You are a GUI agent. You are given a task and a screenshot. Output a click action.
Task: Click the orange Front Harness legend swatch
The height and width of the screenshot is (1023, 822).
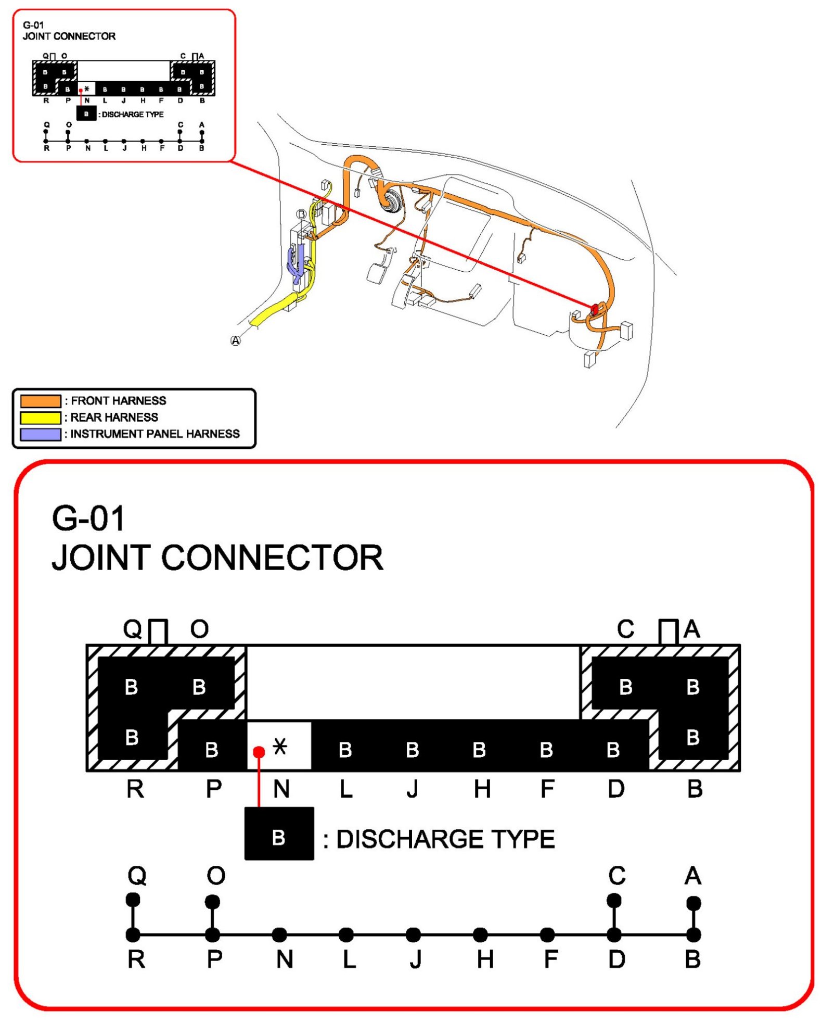click(41, 400)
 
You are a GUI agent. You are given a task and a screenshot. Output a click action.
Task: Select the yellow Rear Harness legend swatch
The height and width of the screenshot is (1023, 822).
click(41, 417)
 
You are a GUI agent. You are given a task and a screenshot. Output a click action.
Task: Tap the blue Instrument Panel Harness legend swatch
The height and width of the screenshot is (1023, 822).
click(41, 434)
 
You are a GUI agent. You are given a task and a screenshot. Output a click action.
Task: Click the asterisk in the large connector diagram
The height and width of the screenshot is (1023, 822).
click(280, 747)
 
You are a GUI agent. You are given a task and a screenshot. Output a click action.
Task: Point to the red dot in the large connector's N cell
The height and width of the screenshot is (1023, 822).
click(259, 752)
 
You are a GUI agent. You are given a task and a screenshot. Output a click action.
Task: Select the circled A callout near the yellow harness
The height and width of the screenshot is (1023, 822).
click(236, 340)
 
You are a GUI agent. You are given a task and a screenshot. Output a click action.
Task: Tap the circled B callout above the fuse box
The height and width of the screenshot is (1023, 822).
click(301, 214)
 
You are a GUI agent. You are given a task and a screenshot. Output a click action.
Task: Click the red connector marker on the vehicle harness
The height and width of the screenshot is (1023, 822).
click(594, 309)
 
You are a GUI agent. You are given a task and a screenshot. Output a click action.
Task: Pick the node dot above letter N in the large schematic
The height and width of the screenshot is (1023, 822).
click(279, 934)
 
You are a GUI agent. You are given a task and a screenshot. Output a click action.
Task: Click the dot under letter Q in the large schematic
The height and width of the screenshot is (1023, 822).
click(133, 899)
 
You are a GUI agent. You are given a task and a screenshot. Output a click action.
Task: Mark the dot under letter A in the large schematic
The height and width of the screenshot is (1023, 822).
click(693, 902)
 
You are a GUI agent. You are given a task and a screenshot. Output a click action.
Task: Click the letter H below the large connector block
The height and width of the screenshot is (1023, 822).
click(482, 789)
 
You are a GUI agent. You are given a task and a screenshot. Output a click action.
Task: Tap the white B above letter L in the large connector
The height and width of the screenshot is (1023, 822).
click(345, 750)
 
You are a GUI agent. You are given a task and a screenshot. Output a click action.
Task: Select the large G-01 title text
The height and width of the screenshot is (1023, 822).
click(88, 519)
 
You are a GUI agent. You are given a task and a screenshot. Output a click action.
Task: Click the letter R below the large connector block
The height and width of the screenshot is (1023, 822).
click(135, 789)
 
